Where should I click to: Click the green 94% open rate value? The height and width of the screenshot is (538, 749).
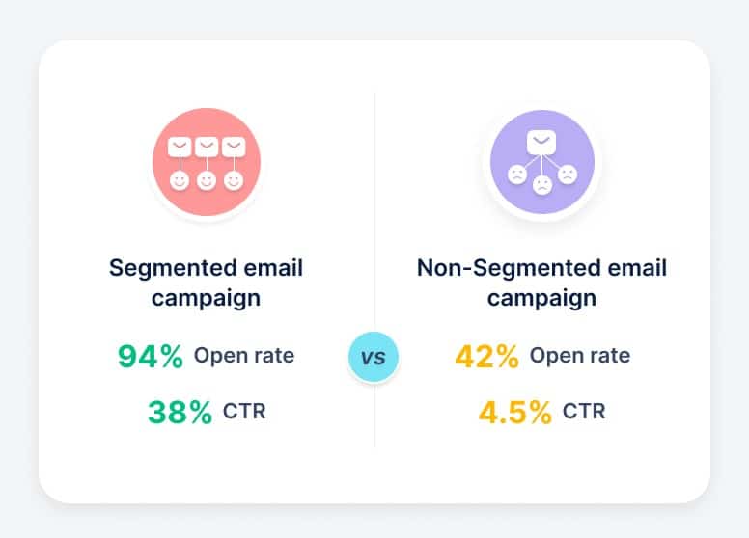click(x=150, y=356)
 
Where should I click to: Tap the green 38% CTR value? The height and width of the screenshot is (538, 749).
click(x=180, y=413)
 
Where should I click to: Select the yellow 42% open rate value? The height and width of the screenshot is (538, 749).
click(x=486, y=356)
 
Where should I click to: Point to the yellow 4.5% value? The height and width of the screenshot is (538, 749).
click(x=515, y=413)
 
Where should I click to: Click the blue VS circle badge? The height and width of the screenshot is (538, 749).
click(x=373, y=358)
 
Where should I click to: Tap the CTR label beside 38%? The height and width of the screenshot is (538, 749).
click(x=244, y=412)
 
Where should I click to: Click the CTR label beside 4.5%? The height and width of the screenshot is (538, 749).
click(x=584, y=412)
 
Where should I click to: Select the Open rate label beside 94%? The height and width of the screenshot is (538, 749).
click(x=244, y=355)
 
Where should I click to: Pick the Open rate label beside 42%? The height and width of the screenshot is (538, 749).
click(x=580, y=355)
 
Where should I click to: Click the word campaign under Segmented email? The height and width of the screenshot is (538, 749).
click(x=205, y=298)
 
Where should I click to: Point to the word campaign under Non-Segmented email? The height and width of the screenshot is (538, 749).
click(x=541, y=298)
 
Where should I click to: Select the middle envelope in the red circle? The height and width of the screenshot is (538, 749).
click(x=206, y=148)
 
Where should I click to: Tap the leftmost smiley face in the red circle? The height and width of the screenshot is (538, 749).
click(x=179, y=180)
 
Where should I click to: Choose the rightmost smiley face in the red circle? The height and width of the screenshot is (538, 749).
click(x=233, y=180)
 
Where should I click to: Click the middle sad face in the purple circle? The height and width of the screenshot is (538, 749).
click(x=541, y=183)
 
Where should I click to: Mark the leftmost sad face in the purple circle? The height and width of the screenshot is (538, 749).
click(x=516, y=175)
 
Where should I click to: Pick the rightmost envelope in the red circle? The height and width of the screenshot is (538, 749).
click(x=233, y=148)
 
